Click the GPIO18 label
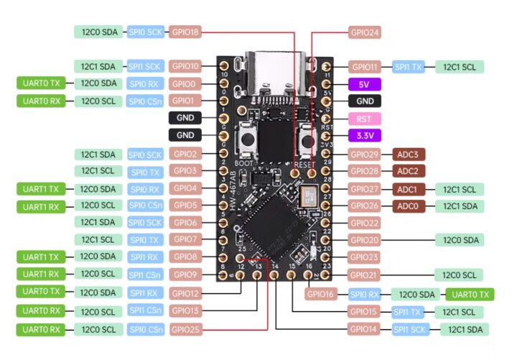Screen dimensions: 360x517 (186, 32)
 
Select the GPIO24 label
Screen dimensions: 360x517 (365, 32)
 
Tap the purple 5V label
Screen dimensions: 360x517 (364, 84)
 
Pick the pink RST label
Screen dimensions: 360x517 (364, 119)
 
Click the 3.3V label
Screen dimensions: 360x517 (364, 135)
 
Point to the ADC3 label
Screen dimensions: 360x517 (411, 154)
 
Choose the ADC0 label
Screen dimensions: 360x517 (411, 206)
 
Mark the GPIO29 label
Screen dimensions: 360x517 (365, 154)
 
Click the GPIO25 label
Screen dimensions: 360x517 (186, 329)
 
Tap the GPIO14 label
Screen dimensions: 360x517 (365, 329)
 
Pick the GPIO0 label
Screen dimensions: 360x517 (186, 84)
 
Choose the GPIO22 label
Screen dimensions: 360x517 (365, 223)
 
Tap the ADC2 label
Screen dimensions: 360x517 (411, 171)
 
